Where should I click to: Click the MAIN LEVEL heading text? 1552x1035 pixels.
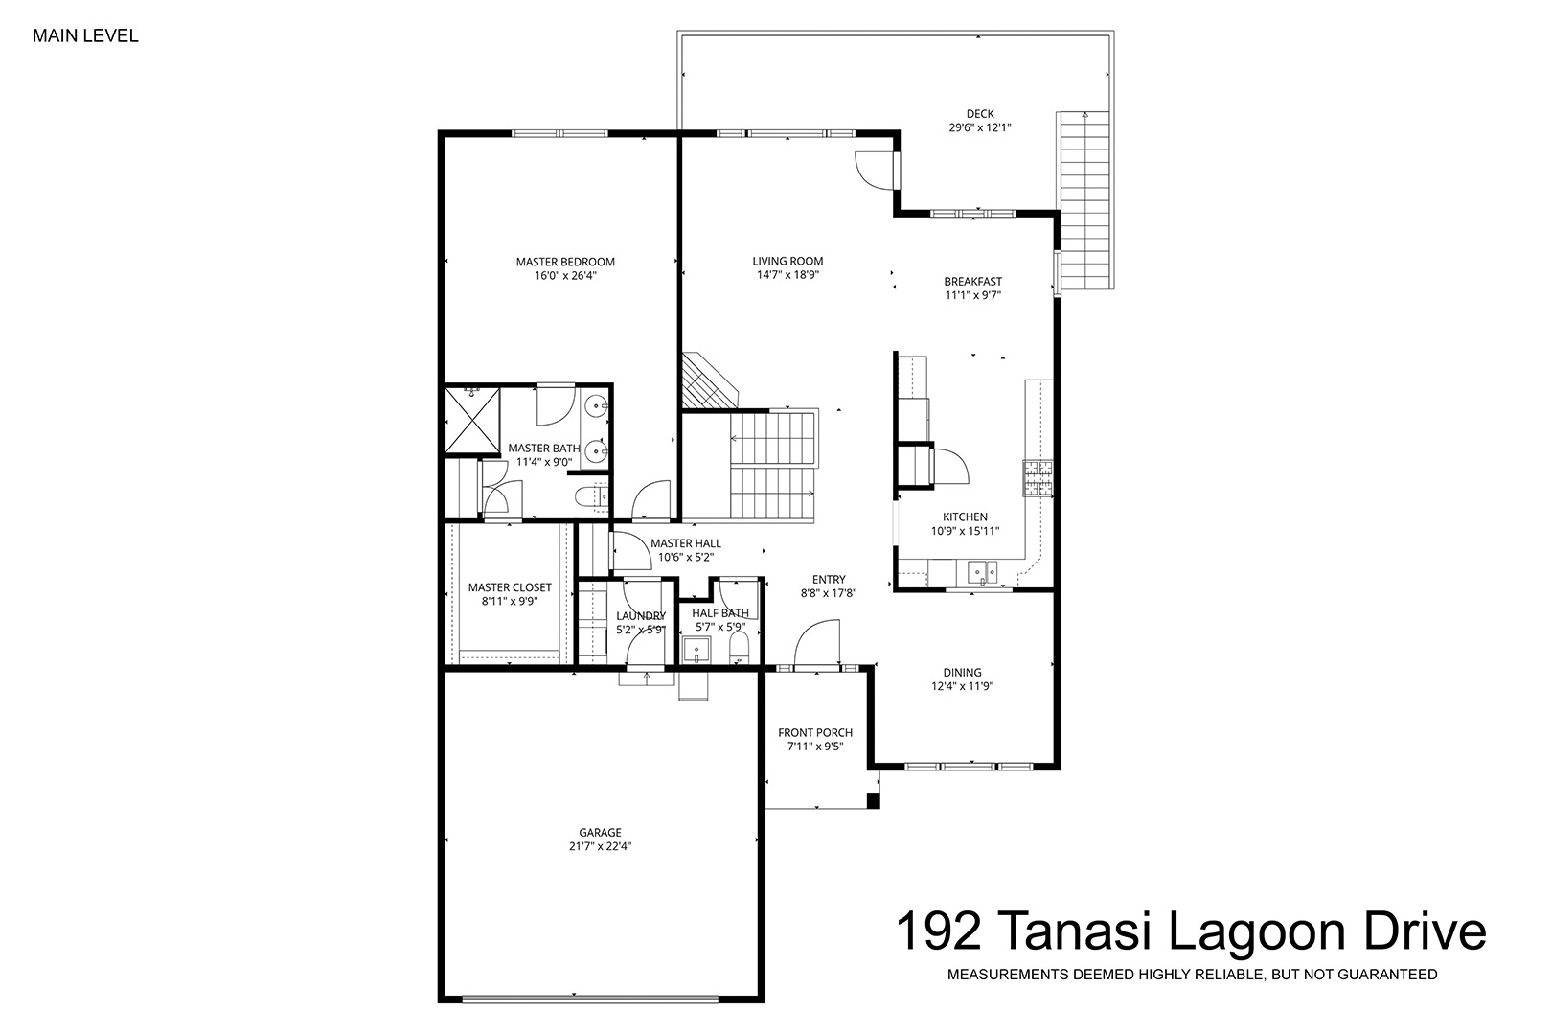(x=85, y=36)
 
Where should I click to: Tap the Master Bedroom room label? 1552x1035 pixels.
(x=565, y=262)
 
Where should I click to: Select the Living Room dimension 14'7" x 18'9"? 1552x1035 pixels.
(x=787, y=275)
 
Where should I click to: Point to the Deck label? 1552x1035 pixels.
(x=980, y=114)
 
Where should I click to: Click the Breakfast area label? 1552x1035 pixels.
(x=972, y=282)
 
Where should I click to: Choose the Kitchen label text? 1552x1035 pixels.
(x=965, y=517)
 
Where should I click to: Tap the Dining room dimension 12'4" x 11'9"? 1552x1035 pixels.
(x=963, y=686)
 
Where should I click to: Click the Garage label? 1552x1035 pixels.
(x=600, y=832)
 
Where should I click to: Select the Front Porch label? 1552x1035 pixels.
(x=814, y=732)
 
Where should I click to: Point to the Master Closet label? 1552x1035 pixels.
(x=510, y=587)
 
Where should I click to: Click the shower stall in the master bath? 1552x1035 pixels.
(x=472, y=420)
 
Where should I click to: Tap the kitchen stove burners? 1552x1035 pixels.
(x=1038, y=478)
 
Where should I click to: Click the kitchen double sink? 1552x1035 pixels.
(x=983, y=573)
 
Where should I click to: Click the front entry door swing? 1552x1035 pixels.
(x=817, y=645)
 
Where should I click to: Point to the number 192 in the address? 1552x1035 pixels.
(x=939, y=931)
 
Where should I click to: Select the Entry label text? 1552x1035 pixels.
(x=829, y=580)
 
